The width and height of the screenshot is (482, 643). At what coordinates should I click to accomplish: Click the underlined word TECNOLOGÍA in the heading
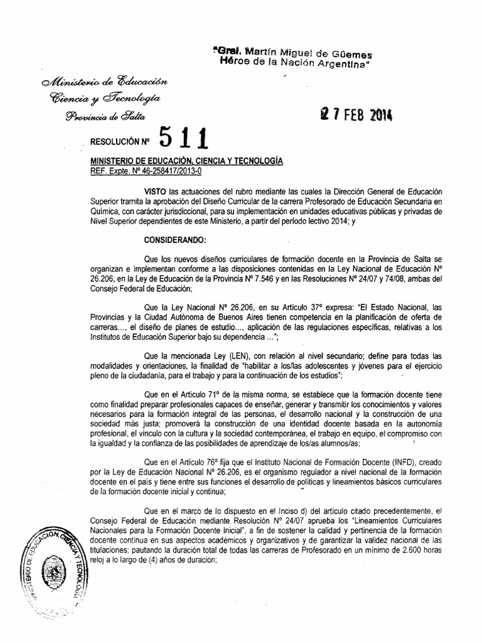pos(252,161)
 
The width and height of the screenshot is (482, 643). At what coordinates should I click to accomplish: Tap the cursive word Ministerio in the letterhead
pos(67,82)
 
